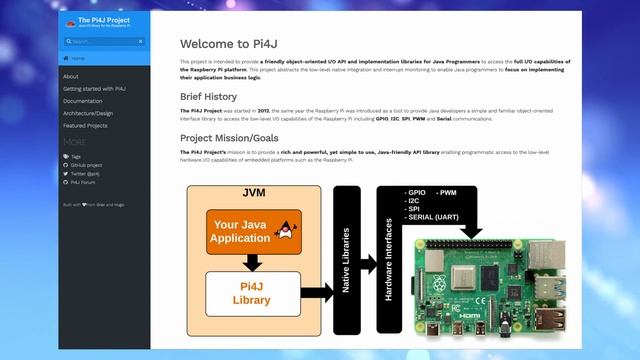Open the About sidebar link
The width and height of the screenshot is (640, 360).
pyautogui.click(x=71, y=76)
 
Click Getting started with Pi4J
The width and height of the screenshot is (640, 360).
pyautogui.click(x=94, y=89)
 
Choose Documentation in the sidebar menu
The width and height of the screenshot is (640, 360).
pyautogui.click(x=82, y=101)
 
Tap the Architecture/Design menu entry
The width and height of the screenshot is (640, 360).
pyautogui.click(x=88, y=113)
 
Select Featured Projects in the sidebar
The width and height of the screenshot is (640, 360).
pyautogui.click(x=85, y=126)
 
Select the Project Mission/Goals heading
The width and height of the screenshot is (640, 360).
pyautogui.click(x=236, y=138)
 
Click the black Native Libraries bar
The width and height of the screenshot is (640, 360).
pyautogui.click(x=346, y=262)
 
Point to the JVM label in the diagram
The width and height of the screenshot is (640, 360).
pyautogui.click(x=253, y=192)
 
